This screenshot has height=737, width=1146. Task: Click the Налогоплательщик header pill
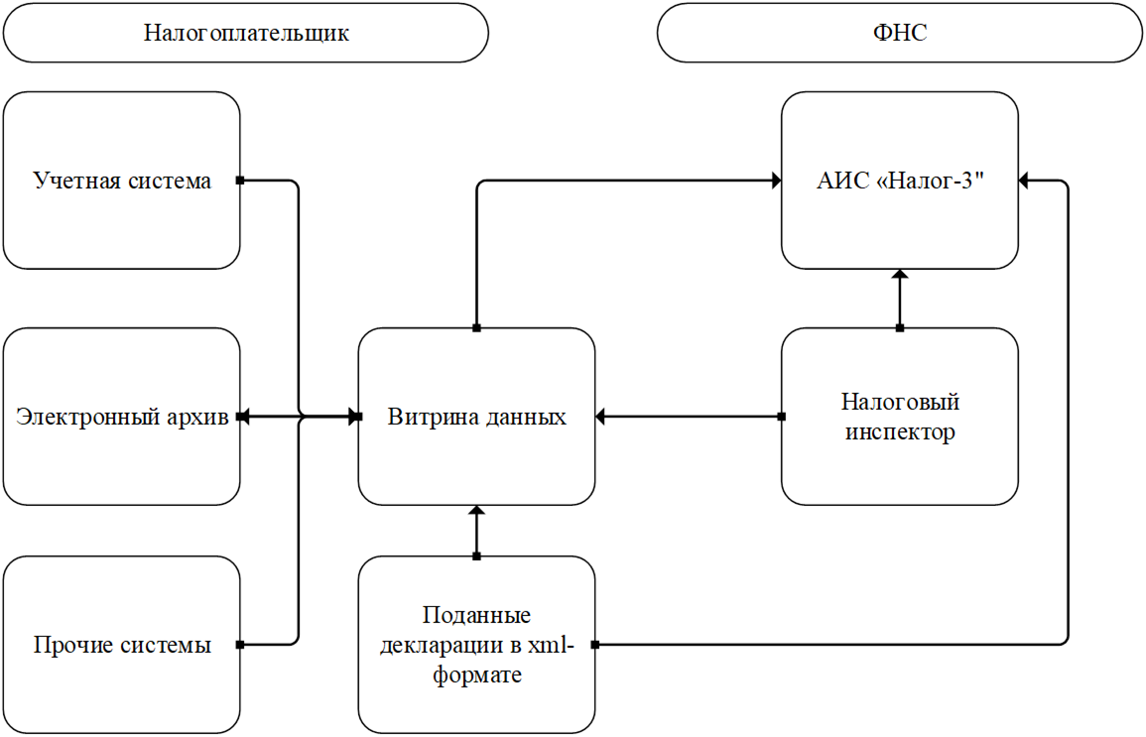click(x=245, y=33)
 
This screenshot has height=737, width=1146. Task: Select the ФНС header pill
click(x=899, y=33)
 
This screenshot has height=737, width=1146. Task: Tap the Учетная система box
click(x=122, y=181)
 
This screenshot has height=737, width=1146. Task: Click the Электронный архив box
click(x=122, y=418)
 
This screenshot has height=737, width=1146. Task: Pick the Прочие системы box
click(x=122, y=646)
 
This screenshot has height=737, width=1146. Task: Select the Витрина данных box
click(x=476, y=418)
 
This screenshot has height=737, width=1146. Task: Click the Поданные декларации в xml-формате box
click(x=476, y=646)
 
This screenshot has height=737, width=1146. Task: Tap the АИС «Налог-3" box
click(x=899, y=181)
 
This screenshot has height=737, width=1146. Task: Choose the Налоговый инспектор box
click(x=899, y=418)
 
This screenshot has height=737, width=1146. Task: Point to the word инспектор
click(x=899, y=433)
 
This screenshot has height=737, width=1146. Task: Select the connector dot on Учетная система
click(x=240, y=181)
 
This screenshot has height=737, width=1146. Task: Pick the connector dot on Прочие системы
click(x=240, y=646)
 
